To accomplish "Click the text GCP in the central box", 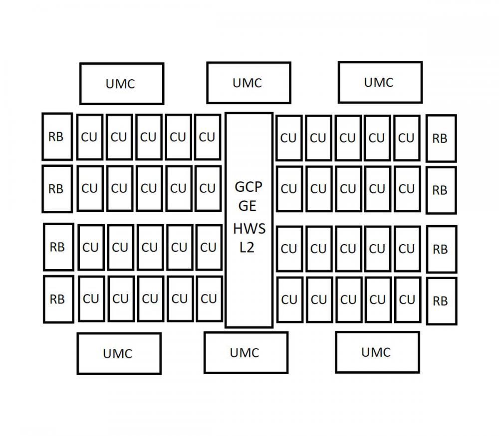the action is click(248, 187).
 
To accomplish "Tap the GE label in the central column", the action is click(248, 206).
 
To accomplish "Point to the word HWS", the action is click(249, 229).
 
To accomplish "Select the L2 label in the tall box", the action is click(247, 248).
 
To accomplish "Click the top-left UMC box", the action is click(122, 84).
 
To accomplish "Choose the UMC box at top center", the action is click(249, 83).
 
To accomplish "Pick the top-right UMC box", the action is click(380, 82).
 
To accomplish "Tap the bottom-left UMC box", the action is click(119, 353).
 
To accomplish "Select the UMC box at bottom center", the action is click(246, 352).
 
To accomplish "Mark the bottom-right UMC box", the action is click(377, 352).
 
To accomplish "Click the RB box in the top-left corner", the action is click(57, 137).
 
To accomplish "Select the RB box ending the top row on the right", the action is click(442, 138).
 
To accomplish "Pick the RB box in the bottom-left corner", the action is click(58, 299).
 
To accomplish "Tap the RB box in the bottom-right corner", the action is click(442, 301).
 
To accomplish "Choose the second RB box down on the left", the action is click(57, 189).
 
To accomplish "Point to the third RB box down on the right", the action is click(442, 249).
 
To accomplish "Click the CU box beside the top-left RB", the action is click(90, 137).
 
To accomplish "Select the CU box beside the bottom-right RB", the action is click(408, 299).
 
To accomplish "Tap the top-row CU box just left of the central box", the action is click(208, 137).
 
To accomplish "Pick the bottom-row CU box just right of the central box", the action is click(289, 299).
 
